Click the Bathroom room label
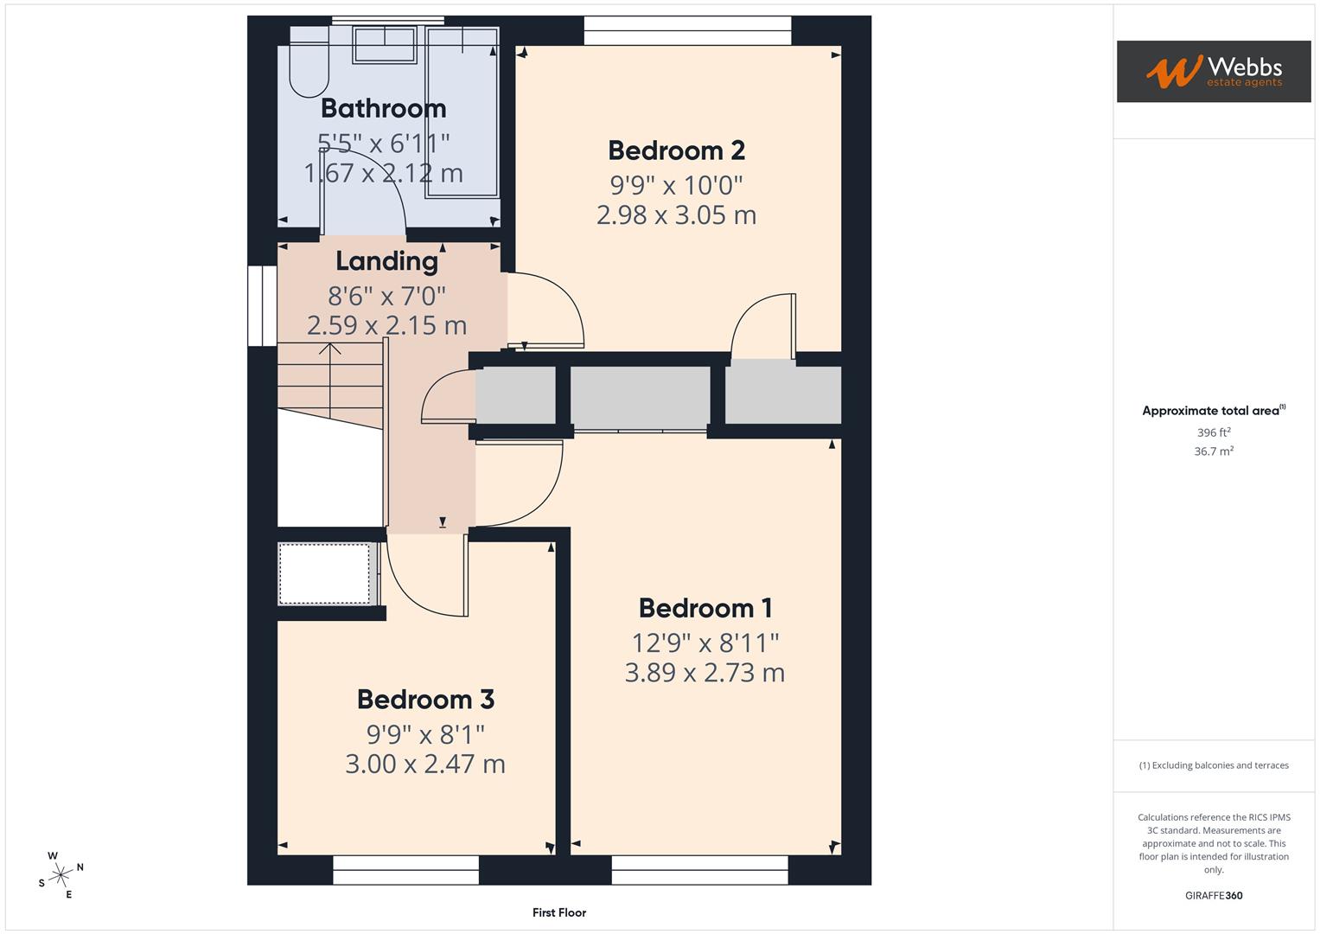383,108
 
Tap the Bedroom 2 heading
676,150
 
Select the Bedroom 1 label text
705,608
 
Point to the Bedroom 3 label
425,699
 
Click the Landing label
386,260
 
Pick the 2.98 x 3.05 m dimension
676,214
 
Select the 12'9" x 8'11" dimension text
705,643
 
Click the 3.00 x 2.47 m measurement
425,764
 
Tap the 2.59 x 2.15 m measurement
386,325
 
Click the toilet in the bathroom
308,69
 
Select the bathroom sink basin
385,45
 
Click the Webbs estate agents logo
1213,71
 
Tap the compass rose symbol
61,875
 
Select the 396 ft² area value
1213,432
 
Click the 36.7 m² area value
1213,451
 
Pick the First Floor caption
559,912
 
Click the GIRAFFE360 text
1213,895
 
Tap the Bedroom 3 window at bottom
405,870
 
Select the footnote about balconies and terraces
1213,765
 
